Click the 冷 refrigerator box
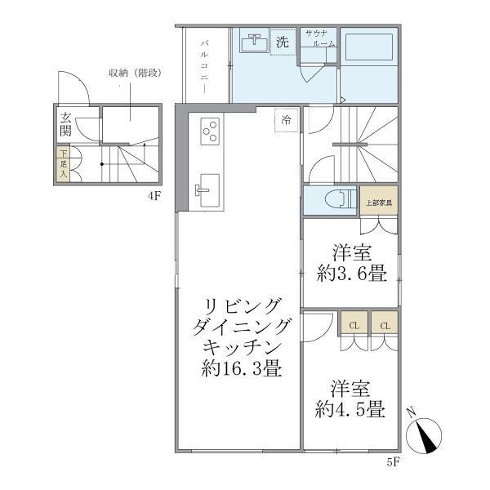[287, 118]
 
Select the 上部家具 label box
[378, 202]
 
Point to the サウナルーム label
[318, 38]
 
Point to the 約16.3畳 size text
[242, 369]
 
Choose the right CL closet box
[385, 325]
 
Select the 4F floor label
[154, 196]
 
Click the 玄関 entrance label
[65, 126]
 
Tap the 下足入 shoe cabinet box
[62, 164]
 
